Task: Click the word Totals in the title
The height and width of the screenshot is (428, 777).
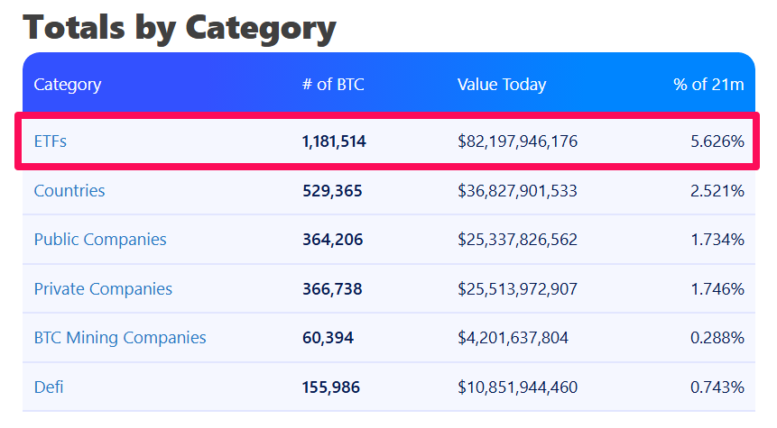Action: pyautogui.click(x=75, y=27)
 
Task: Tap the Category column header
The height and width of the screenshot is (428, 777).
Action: pyautogui.click(x=68, y=85)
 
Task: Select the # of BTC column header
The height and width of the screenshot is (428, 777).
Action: pyautogui.click(x=333, y=85)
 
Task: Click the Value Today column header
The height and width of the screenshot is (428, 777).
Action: pyautogui.click(x=501, y=85)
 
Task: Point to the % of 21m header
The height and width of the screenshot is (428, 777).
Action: pyautogui.click(x=708, y=85)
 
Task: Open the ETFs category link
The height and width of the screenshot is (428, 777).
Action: pyautogui.click(x=51, y=141)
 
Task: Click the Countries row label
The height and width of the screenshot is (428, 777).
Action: pyautogui.click(x=69, y=191)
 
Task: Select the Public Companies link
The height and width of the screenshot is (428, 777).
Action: pyautogui.click(x=100, y=240)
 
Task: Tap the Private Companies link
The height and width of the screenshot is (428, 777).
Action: pyautogui.click(x=103, y=289)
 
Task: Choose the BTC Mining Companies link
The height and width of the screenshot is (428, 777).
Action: pyautogui.click(x=120, y=338)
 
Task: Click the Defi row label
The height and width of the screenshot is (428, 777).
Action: pyautogui.click(x=49, y=387)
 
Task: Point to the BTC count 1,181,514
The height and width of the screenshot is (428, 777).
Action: pyautogui.click(x=334, y=141)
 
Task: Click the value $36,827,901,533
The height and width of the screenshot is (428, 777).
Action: pyautogui.click(x=517, y=191)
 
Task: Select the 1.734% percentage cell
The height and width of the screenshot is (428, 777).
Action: pyautogui.click(x=717, y=240)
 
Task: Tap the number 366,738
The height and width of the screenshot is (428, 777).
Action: pyautogui.click(x=331, y=289)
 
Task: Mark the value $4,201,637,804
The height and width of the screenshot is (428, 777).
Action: pyautogui.click(x=513, y=338)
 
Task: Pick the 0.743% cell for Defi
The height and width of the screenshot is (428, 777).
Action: pyautogui.click(x=717, y=387)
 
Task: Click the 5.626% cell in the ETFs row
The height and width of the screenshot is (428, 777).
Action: pyautogui.click(x=717, y=141)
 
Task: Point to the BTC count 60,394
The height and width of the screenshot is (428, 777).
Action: pyautogui.click(x=328, y=338)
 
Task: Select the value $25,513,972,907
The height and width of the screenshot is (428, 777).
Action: pyautogui.click(x=517, y=289)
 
